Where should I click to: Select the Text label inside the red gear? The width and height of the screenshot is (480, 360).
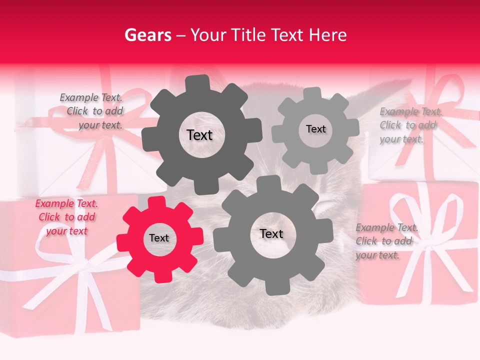click(x=159, y=238)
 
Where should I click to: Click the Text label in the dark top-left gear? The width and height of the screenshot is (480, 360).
click(x=199, y=135)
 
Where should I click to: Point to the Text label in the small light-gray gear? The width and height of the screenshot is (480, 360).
click(x=315, y=129)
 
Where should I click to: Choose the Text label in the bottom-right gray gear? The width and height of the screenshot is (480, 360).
click(x=271, y=234)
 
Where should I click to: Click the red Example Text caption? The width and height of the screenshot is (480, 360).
click(x=66, y=217)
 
